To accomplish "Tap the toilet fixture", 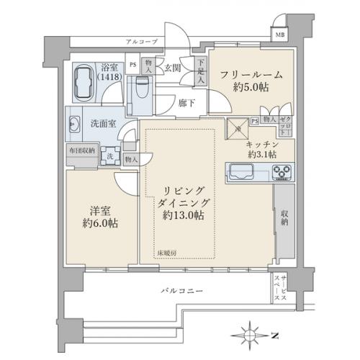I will coord(140,91).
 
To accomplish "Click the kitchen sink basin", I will coord(243,171).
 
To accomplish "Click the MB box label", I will coord(279,35).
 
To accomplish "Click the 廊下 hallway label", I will coord(187,104).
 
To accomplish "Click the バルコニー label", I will coord(181,290).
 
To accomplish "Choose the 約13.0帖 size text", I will coord(181,215).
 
